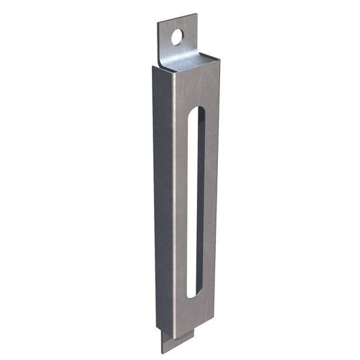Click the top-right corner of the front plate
click(x=219, y=67)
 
